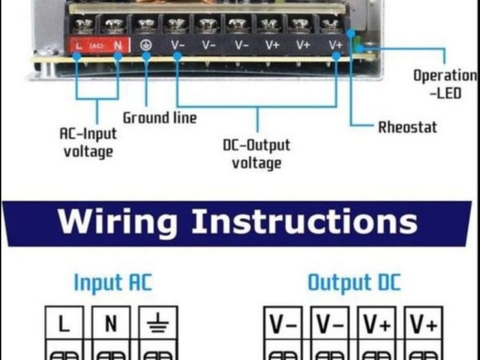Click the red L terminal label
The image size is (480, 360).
79,46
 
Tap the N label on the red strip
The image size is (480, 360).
118,46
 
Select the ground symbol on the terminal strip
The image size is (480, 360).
145,45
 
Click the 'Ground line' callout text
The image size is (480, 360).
160,118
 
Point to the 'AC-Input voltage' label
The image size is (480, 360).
88,143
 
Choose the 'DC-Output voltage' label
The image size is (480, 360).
256,154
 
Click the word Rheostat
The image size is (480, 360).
407,127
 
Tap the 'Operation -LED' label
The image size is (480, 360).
446,84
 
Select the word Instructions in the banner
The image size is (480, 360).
304,221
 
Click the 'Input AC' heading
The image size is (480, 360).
113,283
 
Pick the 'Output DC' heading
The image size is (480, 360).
355,283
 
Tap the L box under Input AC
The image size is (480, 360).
64,323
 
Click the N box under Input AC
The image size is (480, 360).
111,323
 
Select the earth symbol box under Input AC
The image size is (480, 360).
158,323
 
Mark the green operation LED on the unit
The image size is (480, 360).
357,45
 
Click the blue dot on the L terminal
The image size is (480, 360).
77,56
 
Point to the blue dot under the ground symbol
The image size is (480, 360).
146,56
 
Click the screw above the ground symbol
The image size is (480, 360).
146,25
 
